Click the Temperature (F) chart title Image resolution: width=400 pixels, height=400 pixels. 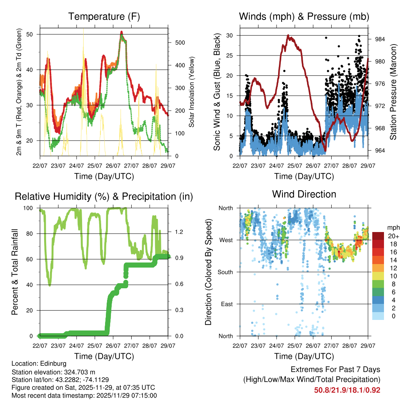104,16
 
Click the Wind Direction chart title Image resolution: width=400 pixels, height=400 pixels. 304,194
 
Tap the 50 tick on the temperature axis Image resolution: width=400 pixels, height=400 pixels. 34,34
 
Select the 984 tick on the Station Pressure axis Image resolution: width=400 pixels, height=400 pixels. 380,39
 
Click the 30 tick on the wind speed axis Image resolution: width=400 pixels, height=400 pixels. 231,35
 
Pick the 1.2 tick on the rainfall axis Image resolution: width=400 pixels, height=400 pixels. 179,232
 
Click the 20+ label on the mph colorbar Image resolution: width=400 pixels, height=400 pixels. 392,236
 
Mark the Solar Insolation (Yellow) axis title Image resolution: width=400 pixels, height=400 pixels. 192,92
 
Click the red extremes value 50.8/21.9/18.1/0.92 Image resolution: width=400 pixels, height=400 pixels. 347,390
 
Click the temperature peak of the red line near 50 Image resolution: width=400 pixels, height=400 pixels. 121,32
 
